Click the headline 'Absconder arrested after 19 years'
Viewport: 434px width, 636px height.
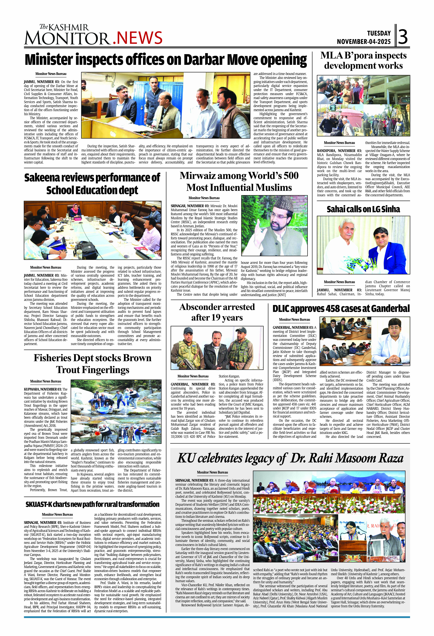217,312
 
